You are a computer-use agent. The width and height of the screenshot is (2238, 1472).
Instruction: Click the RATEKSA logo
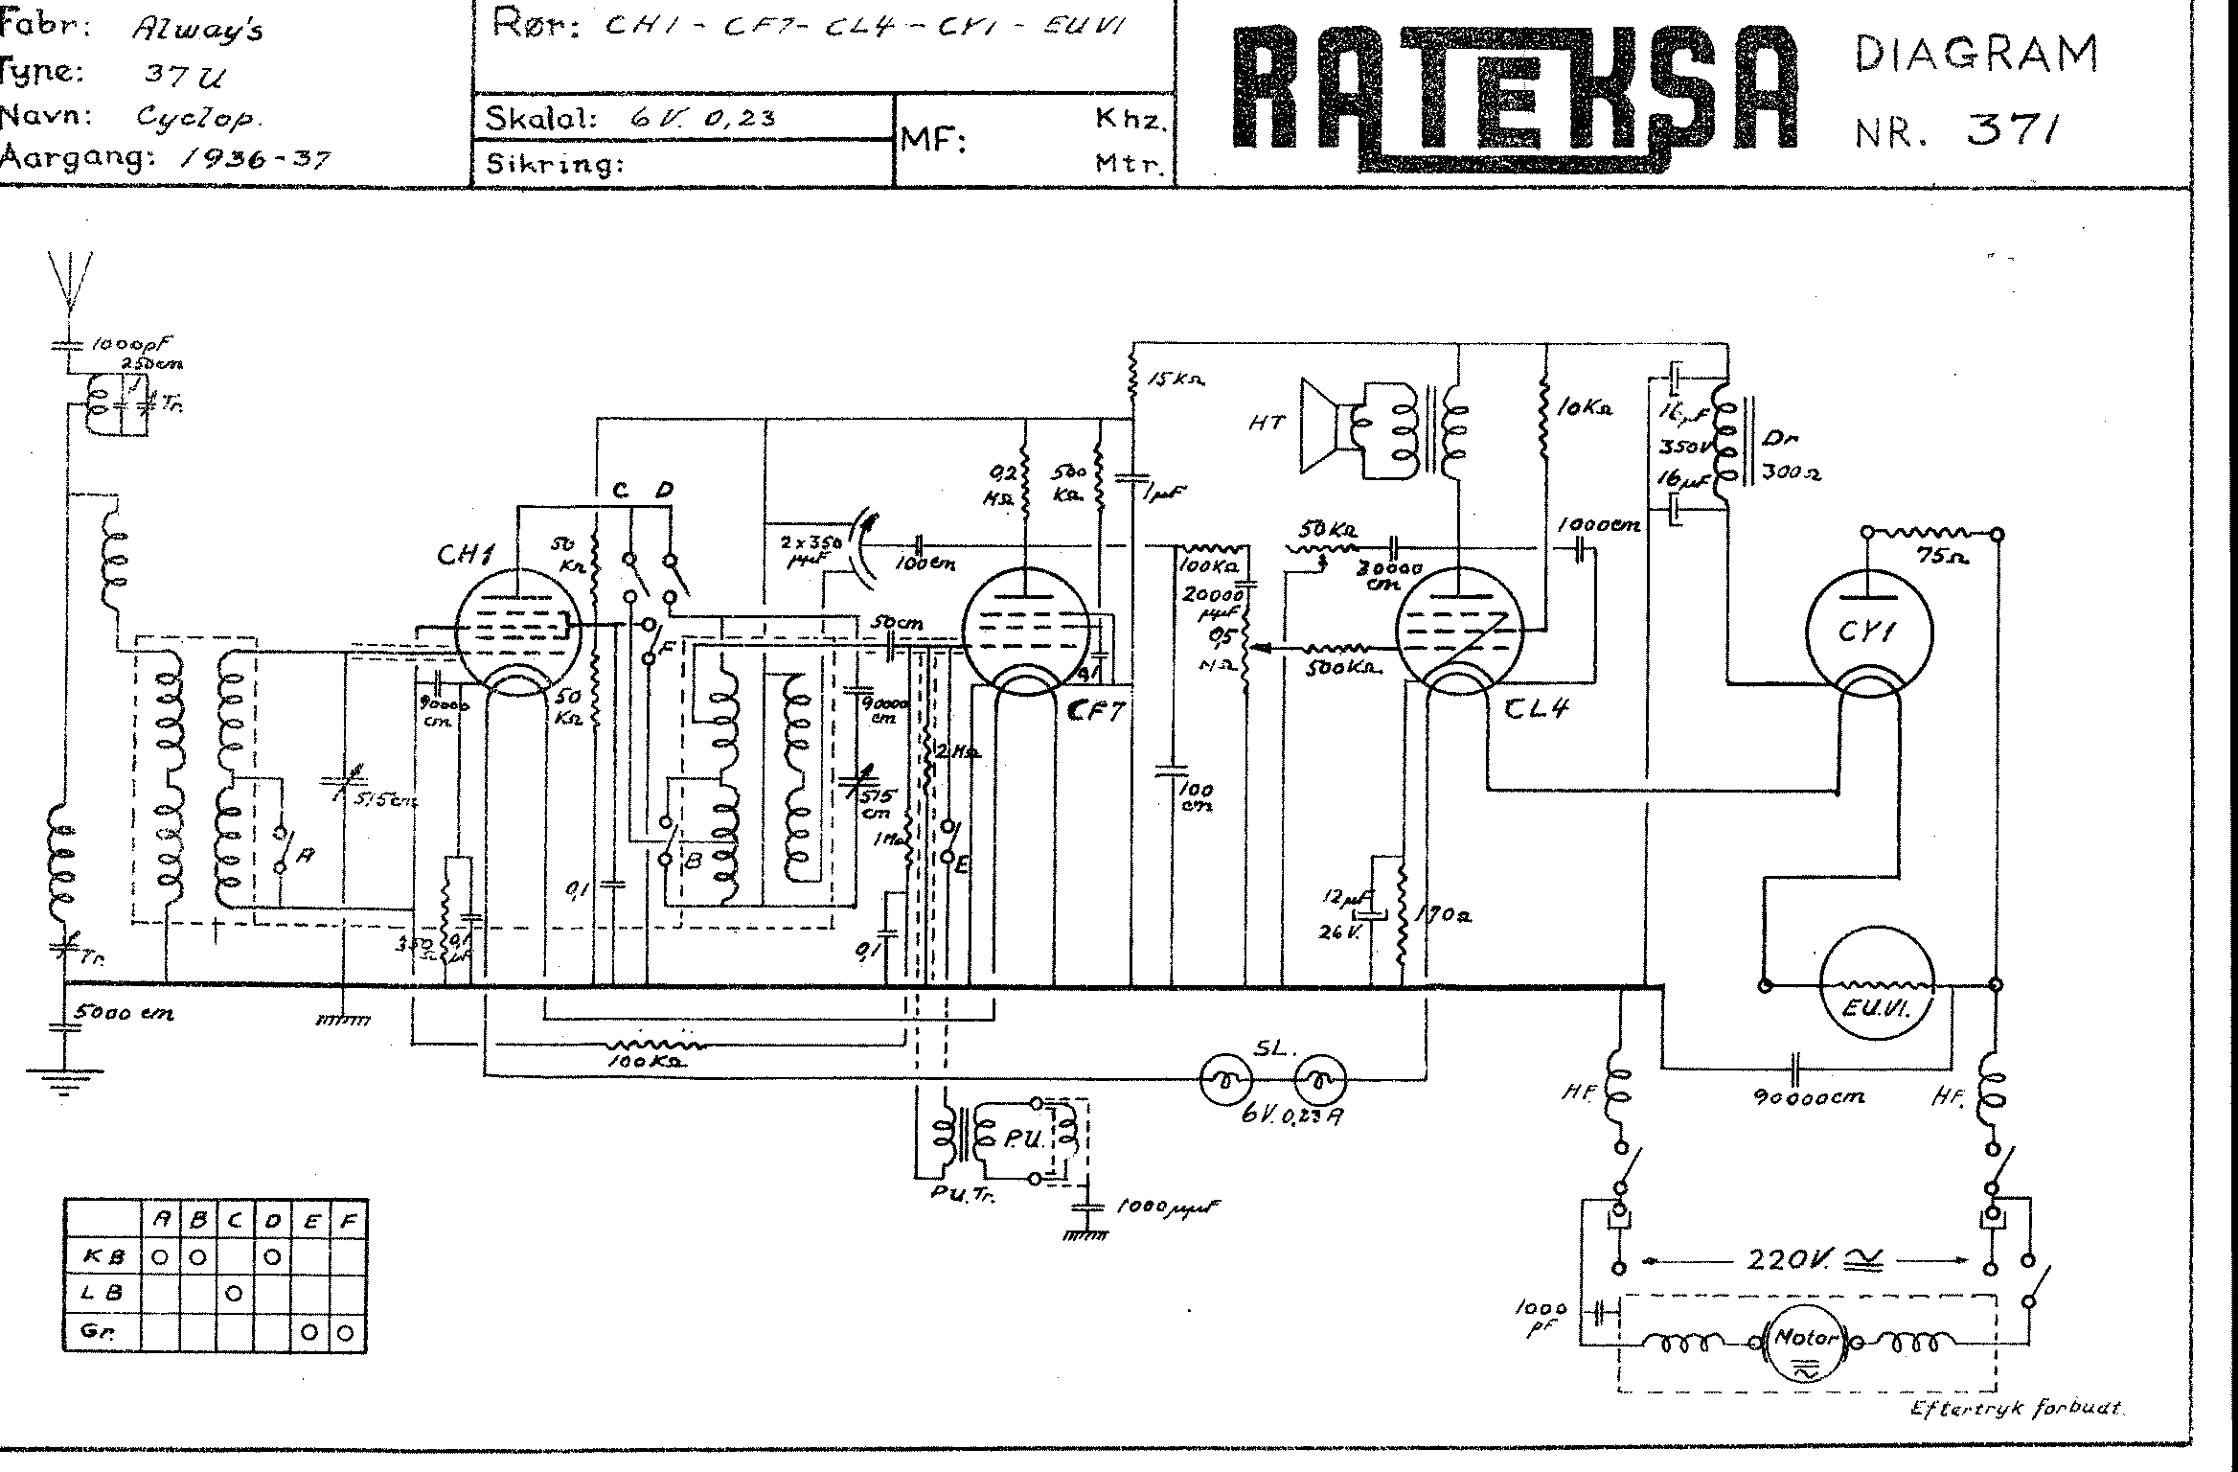coord(1514,96)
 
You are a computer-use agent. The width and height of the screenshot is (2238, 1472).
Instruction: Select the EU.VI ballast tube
coord(1877,997)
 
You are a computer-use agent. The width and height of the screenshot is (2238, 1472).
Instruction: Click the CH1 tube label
coord(465,554)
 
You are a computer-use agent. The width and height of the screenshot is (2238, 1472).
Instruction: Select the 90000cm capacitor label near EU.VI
coord(1808,1097)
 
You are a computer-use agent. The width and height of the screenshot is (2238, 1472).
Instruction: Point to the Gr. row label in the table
coord(92,1331)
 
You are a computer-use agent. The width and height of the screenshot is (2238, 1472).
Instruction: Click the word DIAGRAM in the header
coord(1975,55)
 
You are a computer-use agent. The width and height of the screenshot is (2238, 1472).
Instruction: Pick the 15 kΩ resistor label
coord(1176,379)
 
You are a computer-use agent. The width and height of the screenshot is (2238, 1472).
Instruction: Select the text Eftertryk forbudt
coord(2016,1409)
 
